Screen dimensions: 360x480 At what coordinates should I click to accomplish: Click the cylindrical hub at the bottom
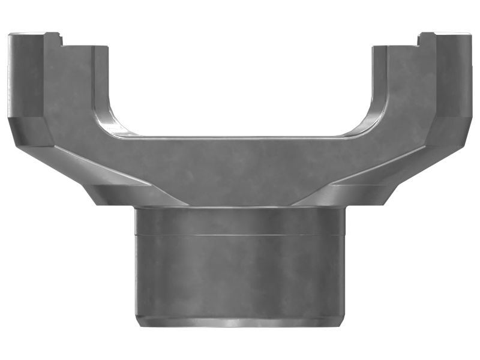click(240, 270)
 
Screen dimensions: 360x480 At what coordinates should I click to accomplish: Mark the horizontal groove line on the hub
click(240, 235)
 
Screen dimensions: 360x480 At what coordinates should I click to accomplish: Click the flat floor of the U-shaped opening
click(240, 137)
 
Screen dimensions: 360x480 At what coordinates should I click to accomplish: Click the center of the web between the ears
click(240, 171)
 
